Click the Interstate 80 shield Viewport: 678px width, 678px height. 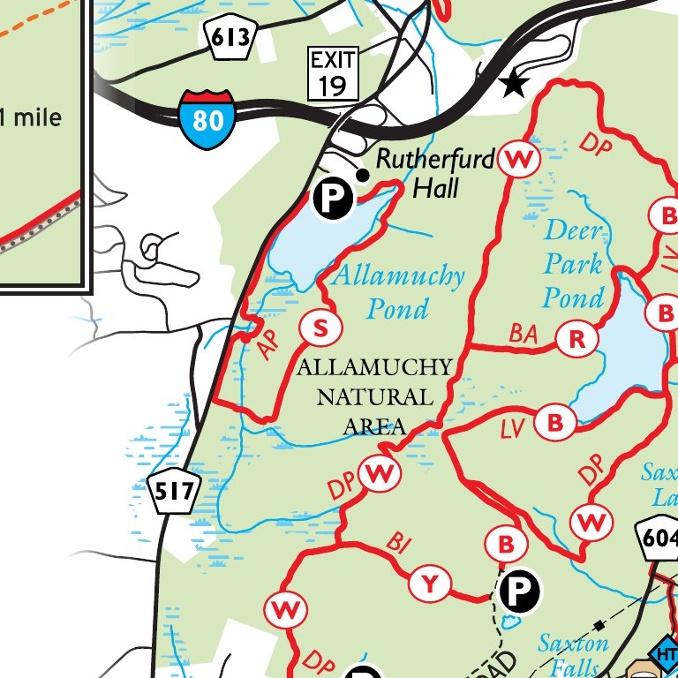point(208,118)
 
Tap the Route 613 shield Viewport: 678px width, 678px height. point(231,38)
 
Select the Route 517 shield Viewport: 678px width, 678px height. point(174,492)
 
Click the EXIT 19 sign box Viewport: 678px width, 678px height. point(334,73)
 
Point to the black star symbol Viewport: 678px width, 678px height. point(512,84)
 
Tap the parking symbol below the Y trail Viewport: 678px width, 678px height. point(520,591)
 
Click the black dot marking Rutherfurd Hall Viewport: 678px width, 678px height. point(361,175)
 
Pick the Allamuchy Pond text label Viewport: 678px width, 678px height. point(397,291)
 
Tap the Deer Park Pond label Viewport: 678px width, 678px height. point(574,263)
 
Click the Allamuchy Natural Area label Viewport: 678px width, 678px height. point(374,396)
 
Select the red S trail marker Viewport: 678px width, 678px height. point(320,329)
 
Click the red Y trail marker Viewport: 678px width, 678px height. point(430,584)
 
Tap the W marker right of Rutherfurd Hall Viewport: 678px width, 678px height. point(519,160)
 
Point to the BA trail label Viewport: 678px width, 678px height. point(524,334)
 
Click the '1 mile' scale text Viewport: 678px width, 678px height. point(31,116)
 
